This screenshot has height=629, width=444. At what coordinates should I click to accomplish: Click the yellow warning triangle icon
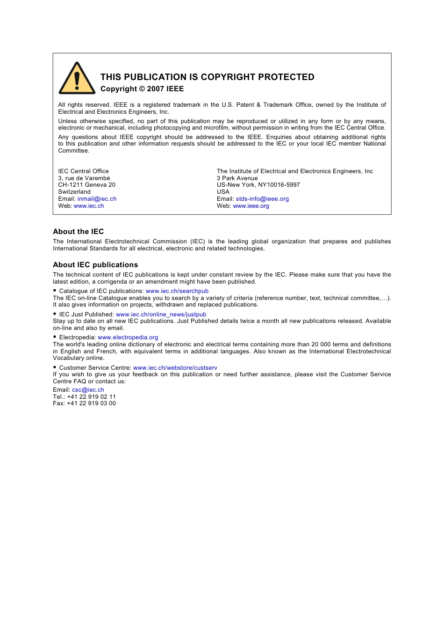click(77, 79)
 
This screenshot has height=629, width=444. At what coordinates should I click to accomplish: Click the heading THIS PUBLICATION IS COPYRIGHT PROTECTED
click(207, 77)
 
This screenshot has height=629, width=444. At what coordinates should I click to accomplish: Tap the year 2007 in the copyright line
click(155, 89)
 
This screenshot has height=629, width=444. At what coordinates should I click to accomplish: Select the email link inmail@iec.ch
click(97, 199)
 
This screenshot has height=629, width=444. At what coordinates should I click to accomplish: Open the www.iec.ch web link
click(89, 206)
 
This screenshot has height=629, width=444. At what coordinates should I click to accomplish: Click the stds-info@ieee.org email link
click(262, 199)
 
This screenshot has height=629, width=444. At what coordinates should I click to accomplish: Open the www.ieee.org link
click(251, 206)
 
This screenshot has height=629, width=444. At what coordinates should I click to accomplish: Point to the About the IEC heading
click(79, 232)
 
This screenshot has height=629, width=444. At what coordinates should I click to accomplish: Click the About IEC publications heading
click(95, 265)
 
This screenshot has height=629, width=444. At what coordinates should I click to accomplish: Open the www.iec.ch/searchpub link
click(177, 291)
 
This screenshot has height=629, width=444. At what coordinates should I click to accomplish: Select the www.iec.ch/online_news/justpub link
click(161, 314)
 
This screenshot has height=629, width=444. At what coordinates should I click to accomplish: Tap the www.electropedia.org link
click(128, 337)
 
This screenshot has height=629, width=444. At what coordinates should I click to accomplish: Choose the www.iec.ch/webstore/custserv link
click(175, 368)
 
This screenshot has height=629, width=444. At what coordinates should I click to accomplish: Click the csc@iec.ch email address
click(88, 390)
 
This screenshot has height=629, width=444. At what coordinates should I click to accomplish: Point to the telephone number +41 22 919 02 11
click(91, 397)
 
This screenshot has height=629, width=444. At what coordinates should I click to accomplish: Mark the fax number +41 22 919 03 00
click(91, 403)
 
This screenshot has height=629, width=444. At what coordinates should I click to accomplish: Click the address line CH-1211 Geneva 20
click(86, 185)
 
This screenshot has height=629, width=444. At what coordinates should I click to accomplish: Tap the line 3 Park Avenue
click(237, 178)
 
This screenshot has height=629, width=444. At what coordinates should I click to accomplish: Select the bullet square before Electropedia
click(55, 337)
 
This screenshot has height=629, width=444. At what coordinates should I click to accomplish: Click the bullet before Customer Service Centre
click(55, 367)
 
